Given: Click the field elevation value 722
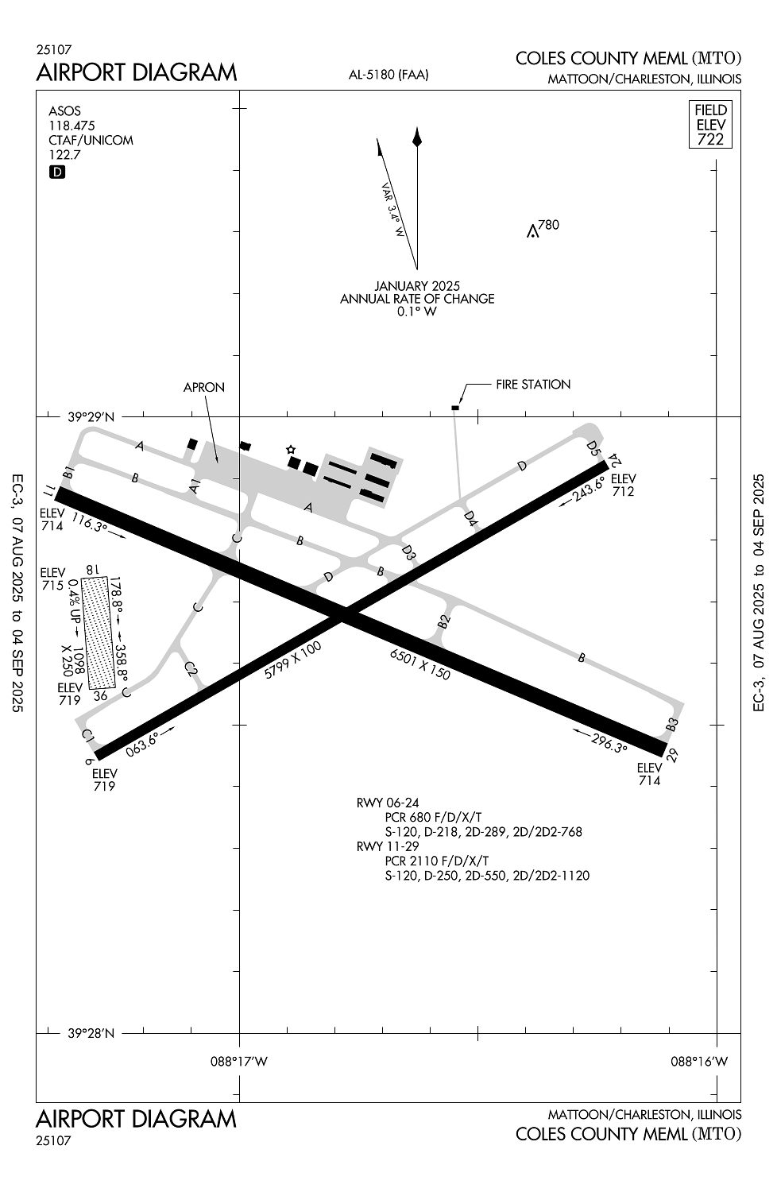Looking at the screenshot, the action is point(710,139).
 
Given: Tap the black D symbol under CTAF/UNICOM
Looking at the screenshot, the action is point(57,172).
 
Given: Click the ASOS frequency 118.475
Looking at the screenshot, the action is point(72,126).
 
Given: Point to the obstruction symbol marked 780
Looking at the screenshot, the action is point(532,231).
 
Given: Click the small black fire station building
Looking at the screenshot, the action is point(455,408).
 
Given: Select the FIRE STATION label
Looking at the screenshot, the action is point(533,384).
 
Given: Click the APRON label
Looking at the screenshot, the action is point(204,388).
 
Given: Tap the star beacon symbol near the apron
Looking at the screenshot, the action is point(291,450).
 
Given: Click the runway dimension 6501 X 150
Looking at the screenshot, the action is point(420,664).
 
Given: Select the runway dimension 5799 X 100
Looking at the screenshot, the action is point(292,660).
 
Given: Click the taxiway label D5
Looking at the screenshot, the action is point(593,448).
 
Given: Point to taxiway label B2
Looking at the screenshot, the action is point(444,621).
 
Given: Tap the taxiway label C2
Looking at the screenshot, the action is point(191,668).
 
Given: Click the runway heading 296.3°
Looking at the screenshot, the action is point(609,743).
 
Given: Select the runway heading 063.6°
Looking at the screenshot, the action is point(143,745).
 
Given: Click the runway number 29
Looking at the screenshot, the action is point(673,755).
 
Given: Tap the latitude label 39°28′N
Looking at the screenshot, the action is point(91,1033).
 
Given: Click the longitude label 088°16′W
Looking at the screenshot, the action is point(699,1061).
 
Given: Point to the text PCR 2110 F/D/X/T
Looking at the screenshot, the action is point(436,861).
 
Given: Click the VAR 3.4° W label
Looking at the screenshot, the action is point(393,211).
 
